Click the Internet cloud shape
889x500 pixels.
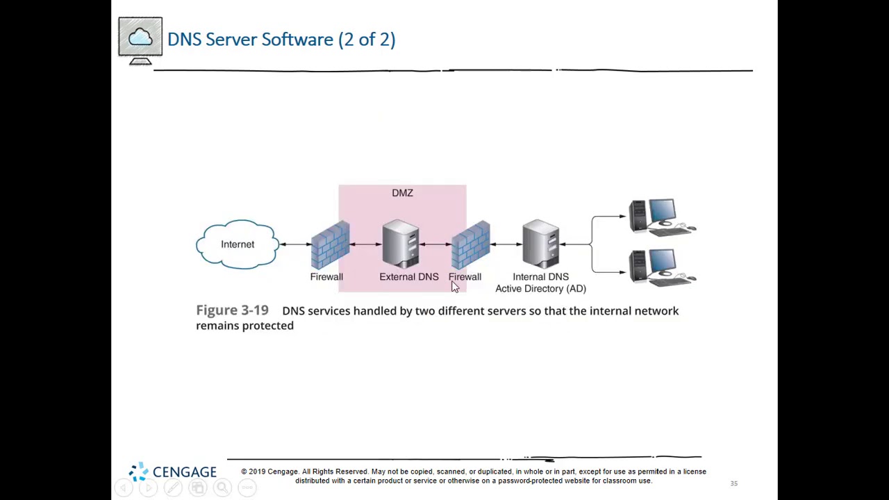238,244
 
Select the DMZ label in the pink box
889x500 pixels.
402,193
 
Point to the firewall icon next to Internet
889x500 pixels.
330,244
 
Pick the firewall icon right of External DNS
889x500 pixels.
471,244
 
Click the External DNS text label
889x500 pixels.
409,277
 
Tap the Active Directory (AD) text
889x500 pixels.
540,289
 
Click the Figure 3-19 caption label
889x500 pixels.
232,310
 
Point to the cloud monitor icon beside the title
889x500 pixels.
140,40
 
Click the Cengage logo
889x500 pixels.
173,472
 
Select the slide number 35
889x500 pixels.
734,483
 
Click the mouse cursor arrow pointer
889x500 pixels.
454,287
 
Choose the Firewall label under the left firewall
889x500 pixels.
326,277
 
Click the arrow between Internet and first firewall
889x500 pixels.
294,244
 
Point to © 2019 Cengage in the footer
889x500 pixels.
269,472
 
